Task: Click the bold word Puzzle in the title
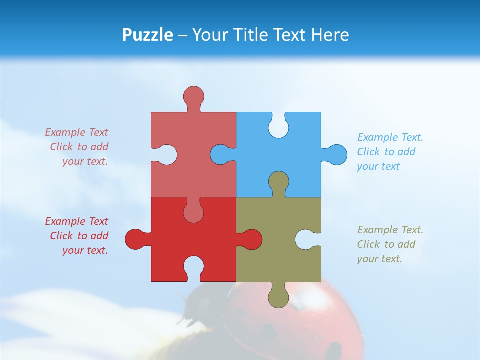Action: (148, 35)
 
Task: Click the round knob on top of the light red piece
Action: (193, 95)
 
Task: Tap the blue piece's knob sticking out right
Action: (337, 154)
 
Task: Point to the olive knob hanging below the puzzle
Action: (278, 298)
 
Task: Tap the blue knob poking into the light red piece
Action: (220, 154)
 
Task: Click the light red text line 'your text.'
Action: (85, 161)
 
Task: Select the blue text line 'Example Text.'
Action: (390, 137)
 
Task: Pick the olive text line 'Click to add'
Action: (386, 244)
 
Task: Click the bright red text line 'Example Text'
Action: (76, 221)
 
